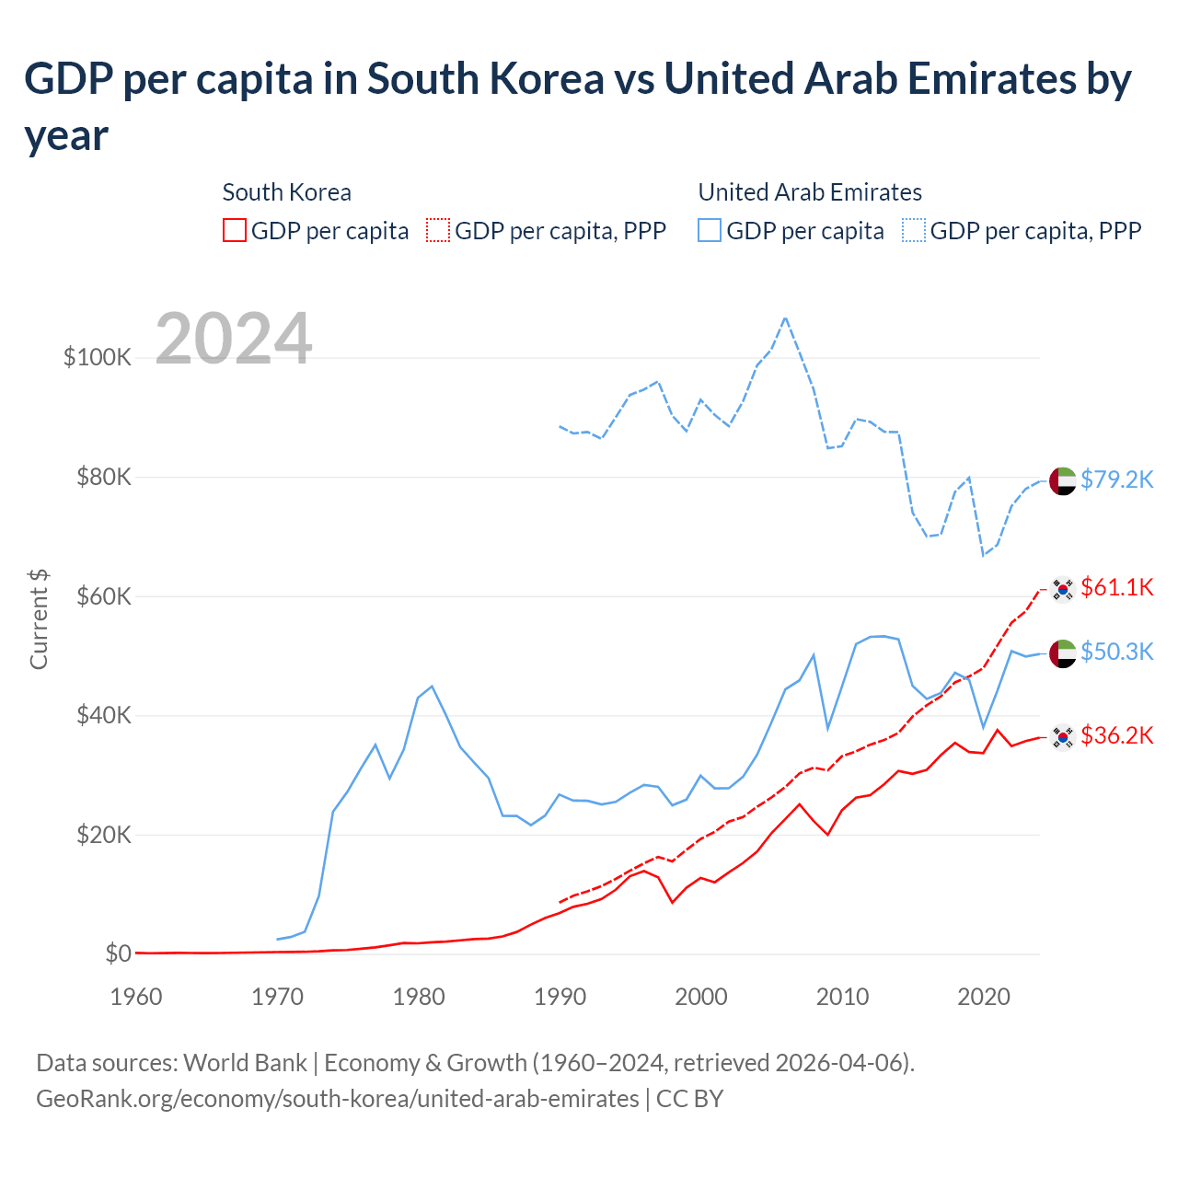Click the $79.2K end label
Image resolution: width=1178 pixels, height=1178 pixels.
tap(1116, 479)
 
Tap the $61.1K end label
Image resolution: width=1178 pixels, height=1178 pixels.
tap(1116, 587)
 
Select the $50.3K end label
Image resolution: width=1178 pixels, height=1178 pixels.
tap(1116, 652)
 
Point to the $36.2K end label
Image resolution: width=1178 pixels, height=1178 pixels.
tap(1116, 735)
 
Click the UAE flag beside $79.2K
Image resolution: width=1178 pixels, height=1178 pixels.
tap(1063, 480)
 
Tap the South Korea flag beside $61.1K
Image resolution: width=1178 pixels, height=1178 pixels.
tap(1063, 589)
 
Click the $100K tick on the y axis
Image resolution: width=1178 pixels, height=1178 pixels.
tap(98, 357)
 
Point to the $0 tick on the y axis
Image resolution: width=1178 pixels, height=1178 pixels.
tap(118, 953)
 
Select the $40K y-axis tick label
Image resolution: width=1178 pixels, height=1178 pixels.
tap(103, 715)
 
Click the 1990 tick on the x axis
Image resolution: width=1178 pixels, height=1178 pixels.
tap(560, 997)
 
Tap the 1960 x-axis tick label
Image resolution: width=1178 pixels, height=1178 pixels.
tap(136, 997)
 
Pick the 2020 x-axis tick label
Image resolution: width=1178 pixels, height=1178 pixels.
tap(984, 997)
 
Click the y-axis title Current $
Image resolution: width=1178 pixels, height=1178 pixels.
tap(39, 618)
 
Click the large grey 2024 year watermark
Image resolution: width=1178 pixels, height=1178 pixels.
tap(234, 339)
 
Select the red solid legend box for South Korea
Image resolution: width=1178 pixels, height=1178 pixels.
tap(235, 230)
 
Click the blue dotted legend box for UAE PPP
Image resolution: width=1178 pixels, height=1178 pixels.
tap(914, 230)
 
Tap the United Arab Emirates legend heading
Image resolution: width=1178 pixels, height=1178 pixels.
tap(810, 192)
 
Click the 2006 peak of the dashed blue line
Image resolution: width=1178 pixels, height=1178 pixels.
tap(785, 318)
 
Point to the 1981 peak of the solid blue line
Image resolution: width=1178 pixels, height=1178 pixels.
tap(432, 686)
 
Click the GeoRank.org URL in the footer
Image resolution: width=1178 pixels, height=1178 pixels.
tap(337, 1099)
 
